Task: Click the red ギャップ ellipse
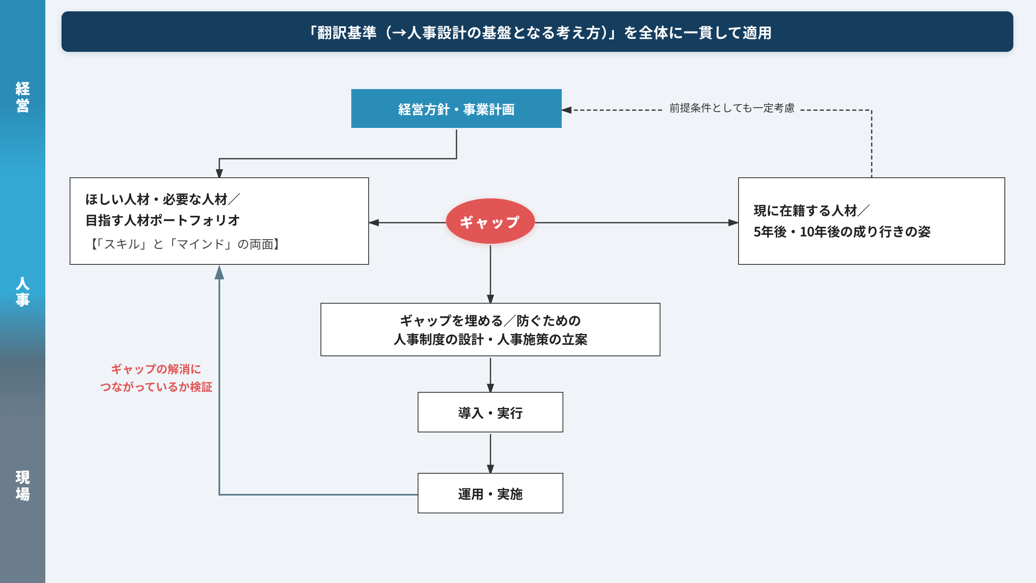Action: (490, 221)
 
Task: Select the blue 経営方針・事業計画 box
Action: (456, 109)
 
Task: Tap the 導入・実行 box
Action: (490, 412)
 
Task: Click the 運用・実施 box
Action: (490, 493)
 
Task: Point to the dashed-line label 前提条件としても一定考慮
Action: (732, 108)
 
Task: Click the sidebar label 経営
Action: (23, 97)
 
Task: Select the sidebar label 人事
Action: (23, 291)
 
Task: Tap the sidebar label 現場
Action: (23, 486)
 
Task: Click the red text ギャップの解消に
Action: (156, 369)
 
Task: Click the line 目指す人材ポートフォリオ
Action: (163, 220)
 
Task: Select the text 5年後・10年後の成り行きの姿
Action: (842, 232)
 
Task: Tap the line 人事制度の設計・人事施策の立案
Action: (490, 339)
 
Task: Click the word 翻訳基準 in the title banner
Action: (347, 32)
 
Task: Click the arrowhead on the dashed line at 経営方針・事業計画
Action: (567, 110)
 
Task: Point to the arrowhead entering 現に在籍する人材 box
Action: (733, 222)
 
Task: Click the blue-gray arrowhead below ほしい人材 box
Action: (219, 272)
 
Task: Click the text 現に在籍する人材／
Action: (811, 211)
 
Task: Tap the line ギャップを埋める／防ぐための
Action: (490, 321)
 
